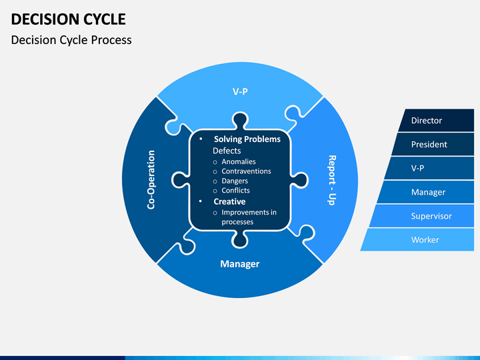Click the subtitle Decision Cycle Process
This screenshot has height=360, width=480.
[x=71, y=39]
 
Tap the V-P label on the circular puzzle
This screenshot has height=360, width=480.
[x=240, y=91]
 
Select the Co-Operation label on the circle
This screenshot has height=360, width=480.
[x=151, y=179]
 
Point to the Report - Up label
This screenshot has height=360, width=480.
[x=331, y=180]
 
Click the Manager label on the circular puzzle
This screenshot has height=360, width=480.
[x=239, y=264]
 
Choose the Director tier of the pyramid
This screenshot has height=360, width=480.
[x=427, y=121]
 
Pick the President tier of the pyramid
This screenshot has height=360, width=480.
[x=429, y=145]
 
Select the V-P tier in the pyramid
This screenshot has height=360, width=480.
[x=418, y=169]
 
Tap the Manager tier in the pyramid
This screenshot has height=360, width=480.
[x=428, y=193]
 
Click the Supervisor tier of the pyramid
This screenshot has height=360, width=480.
[x=431, y=216]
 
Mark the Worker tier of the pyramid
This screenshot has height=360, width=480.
[x=425, y=240]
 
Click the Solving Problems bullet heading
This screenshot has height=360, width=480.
[x=247, y=139]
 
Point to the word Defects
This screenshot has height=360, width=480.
[x=227, y=151]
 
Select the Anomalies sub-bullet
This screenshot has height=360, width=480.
[x=239, y=161]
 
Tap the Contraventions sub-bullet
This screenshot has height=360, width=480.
[x=246, y=171]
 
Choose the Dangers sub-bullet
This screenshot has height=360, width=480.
[x=235, y=181]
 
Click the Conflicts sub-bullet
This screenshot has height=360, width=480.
[x=235, y=191]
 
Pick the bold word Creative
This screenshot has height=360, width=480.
[x=229, y=201]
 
